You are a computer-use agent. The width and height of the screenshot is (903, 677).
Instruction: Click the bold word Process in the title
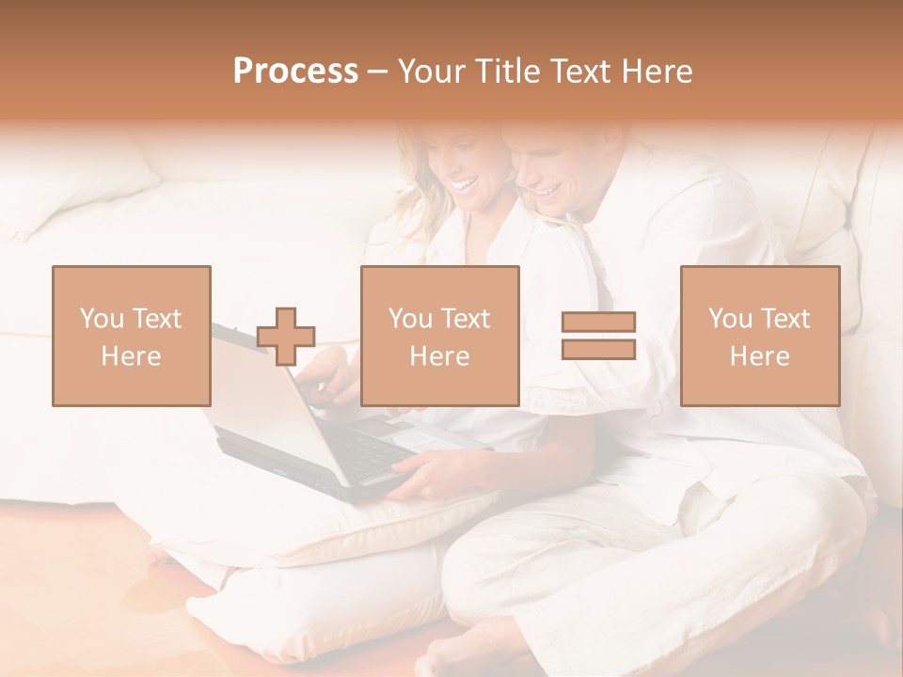[x=295, y=71]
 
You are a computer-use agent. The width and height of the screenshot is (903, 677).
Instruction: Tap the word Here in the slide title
[x=657, y=71]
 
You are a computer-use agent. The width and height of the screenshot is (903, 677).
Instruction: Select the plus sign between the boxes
[x=286, y=336]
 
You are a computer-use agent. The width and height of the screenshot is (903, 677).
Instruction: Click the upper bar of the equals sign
[x=598, y=323]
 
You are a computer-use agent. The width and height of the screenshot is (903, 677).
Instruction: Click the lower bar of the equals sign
[x=598, y=349]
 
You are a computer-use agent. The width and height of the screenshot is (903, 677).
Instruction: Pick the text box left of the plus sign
[x=132, y=336]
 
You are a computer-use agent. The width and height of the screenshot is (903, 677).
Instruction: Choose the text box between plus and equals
[x=439, y=336]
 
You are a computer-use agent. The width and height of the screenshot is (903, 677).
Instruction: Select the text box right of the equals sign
[x=759, y=336]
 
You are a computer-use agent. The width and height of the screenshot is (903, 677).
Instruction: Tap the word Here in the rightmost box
[x=759, y=355]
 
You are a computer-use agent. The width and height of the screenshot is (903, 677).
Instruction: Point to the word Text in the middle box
[x=466, y=319]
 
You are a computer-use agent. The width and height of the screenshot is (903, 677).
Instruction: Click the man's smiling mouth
[x=549, y=192]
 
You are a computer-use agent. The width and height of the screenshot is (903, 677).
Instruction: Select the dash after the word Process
[x=377, y=71]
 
